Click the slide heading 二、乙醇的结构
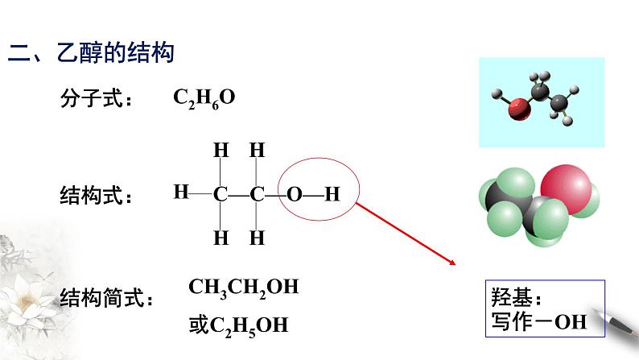click(x=91, y=54)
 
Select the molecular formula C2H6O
click(x=204, y=98)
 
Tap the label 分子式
click(x=96, y=99)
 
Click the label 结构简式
click(x=105, y=299)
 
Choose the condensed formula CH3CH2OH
click(x=243, y=288)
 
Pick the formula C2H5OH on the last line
click(x=249, y=325)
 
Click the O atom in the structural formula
click(x=295, y=194)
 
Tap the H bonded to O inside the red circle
click(x=332, y=194)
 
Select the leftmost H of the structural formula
click(x=180, y=192)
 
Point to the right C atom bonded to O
click(x=257, y=194)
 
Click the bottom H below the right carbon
click(x=257, y=238)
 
